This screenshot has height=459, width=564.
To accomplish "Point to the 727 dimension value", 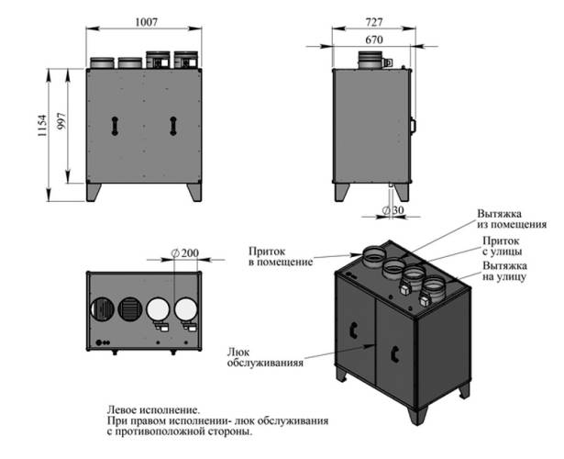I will tap(373, 19).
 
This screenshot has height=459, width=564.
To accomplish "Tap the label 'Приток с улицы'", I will tap(503, 245).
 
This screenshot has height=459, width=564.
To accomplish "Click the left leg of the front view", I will tap(94, 193).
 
